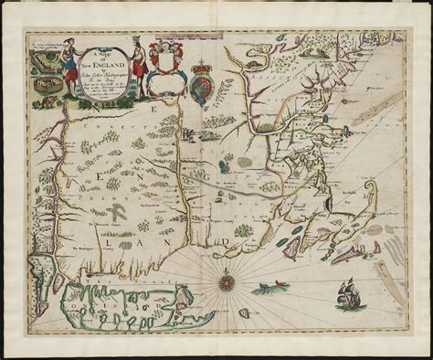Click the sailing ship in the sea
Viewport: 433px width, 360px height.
tap(347, 293)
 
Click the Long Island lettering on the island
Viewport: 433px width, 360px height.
tap(110, 297)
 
